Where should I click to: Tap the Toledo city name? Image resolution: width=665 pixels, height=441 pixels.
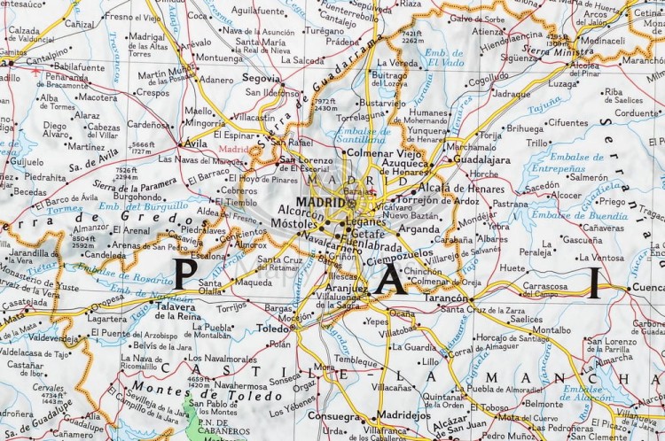273,328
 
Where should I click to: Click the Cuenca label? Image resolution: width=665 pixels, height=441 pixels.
648,288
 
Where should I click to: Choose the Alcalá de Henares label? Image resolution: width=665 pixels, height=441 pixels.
460,187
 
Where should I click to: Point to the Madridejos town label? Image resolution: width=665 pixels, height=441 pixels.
403,414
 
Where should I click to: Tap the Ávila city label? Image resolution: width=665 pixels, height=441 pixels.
193,143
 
